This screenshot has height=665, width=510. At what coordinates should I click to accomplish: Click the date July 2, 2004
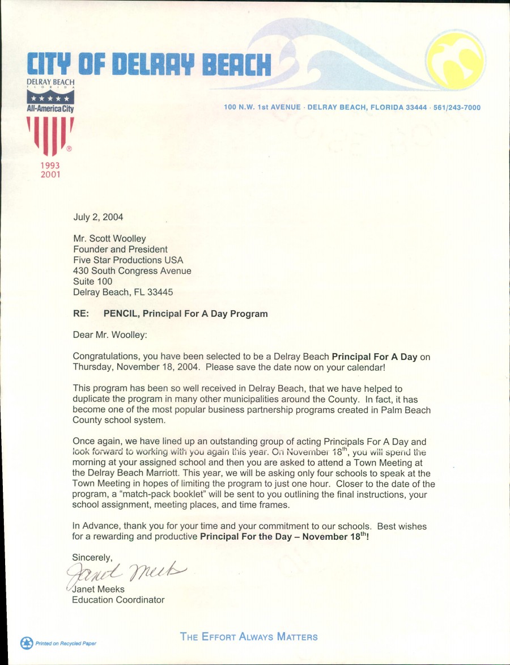[x=98, y=217]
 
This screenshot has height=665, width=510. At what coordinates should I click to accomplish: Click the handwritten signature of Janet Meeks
[x=126, y=575]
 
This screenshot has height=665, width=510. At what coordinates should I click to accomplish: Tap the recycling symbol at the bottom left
[x=27, y=643]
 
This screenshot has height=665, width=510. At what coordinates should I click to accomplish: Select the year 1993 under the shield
[x=50, y=166]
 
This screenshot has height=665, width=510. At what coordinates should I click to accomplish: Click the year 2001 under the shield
[x=50, y=174]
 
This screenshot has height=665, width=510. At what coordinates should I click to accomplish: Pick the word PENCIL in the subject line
[x=121, y=314]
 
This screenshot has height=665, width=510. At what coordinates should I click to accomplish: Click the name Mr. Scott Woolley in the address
[x=109, y=239]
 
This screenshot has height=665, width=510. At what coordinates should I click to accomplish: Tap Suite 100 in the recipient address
[x=93, y=281]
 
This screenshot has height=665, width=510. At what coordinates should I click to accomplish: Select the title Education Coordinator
[x=118, y=599]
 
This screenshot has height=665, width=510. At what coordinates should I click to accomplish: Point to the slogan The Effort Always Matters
[x=249, y=637]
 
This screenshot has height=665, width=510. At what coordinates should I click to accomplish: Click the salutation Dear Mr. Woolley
[x=110, y=334]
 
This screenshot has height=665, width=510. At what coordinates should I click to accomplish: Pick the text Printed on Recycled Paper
[x=66, y=643]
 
